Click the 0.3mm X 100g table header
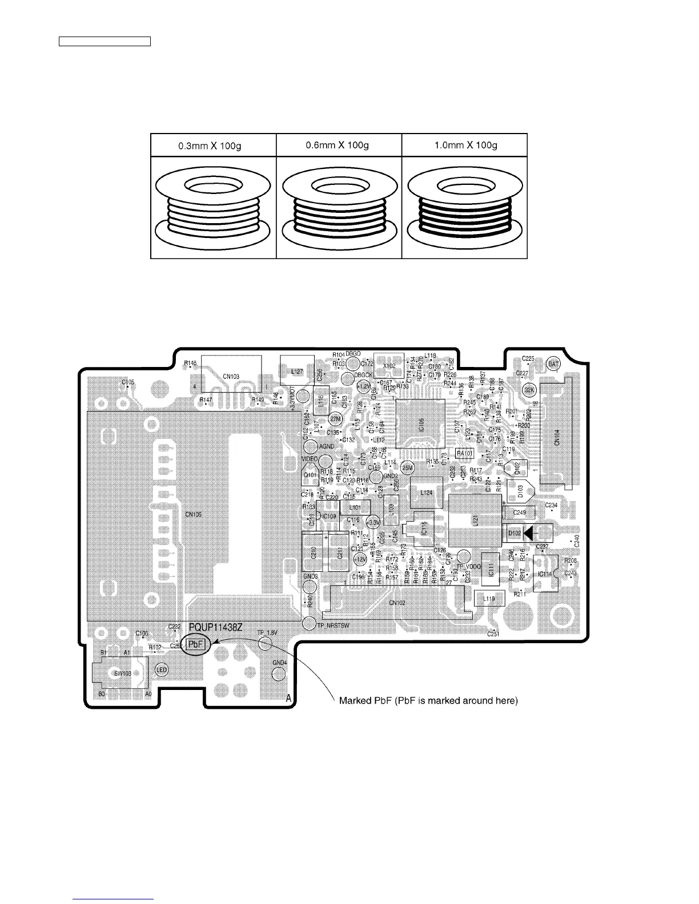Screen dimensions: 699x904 [213, 146]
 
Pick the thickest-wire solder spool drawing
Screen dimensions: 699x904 [464, 209]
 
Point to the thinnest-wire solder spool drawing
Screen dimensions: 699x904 [213, 209]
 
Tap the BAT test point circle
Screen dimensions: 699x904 [553, 363]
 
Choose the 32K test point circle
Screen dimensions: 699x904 [529, 389]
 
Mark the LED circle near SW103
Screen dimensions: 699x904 [162, 670]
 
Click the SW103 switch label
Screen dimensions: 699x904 [122, 673]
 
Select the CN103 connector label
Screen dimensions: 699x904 [231, 376]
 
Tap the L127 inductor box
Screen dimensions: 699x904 [297, 371]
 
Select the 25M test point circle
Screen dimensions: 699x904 [407, 468]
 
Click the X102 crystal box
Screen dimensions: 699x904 [389, 365]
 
